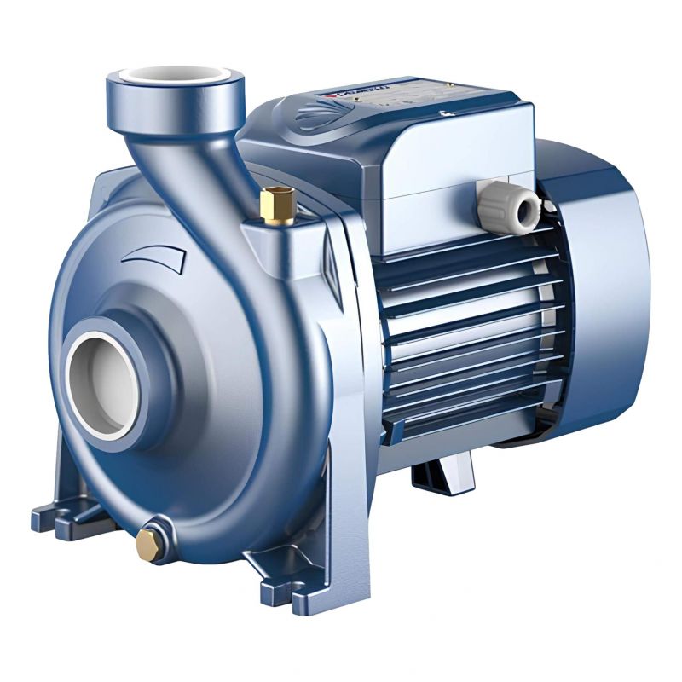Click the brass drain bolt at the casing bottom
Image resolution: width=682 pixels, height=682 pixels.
coord(148,539)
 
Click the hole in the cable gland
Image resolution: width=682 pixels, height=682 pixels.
coord(529,207)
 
